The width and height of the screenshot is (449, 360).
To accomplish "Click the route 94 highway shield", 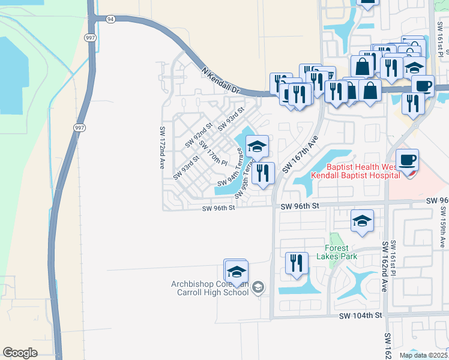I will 109,19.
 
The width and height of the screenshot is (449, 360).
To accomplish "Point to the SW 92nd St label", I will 199,135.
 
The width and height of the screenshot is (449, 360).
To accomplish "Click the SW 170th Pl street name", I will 213,153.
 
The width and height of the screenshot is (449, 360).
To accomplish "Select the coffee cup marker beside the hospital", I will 408,160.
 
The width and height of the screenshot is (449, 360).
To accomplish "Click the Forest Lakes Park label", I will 341,252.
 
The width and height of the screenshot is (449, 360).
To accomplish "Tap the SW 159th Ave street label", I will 443,227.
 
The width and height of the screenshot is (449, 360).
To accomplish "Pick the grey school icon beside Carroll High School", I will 258,288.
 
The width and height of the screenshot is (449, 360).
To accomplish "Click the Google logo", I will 20,353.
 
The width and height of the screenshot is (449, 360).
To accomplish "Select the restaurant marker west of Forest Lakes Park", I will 297,263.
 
